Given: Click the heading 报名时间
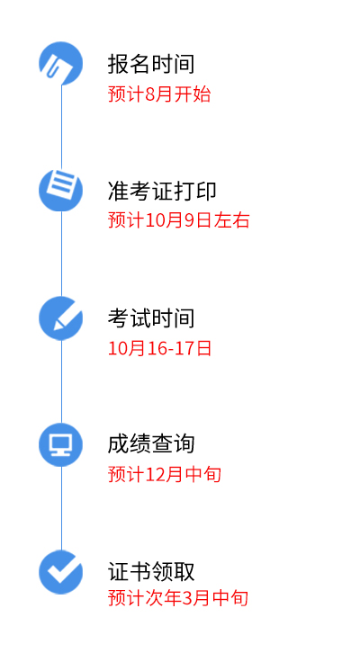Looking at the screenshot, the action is tap(151, 64).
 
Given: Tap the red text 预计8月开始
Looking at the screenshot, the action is tap(159, 94).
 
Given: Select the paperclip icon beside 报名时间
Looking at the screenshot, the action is tap(61, 63).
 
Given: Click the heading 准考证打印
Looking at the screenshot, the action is tap(162, 191).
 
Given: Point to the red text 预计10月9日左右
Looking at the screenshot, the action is tap(179, 219).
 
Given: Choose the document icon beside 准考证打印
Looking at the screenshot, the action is tap(61, 190).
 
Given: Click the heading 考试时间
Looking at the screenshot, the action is tap(151, 318).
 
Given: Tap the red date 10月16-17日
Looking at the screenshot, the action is tap(160, 348).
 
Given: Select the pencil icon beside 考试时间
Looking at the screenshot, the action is tap(61, 318).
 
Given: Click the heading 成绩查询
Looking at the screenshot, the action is tap(151, 444).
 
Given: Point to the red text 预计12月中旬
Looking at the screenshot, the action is tap(165, 474).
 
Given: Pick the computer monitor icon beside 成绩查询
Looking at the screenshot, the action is tap(61, 444).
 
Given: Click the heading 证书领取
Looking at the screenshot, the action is tap(151, 571).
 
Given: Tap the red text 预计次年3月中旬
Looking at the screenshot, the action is tap(178, 598).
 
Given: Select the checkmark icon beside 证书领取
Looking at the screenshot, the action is tap(61, 572).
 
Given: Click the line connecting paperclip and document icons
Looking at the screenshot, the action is tap(62, 127).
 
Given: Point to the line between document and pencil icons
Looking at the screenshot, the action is tap(62, 254).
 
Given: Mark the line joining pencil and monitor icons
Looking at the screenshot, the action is tap(62, 381).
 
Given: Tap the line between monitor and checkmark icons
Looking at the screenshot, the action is tap(62, 508).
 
